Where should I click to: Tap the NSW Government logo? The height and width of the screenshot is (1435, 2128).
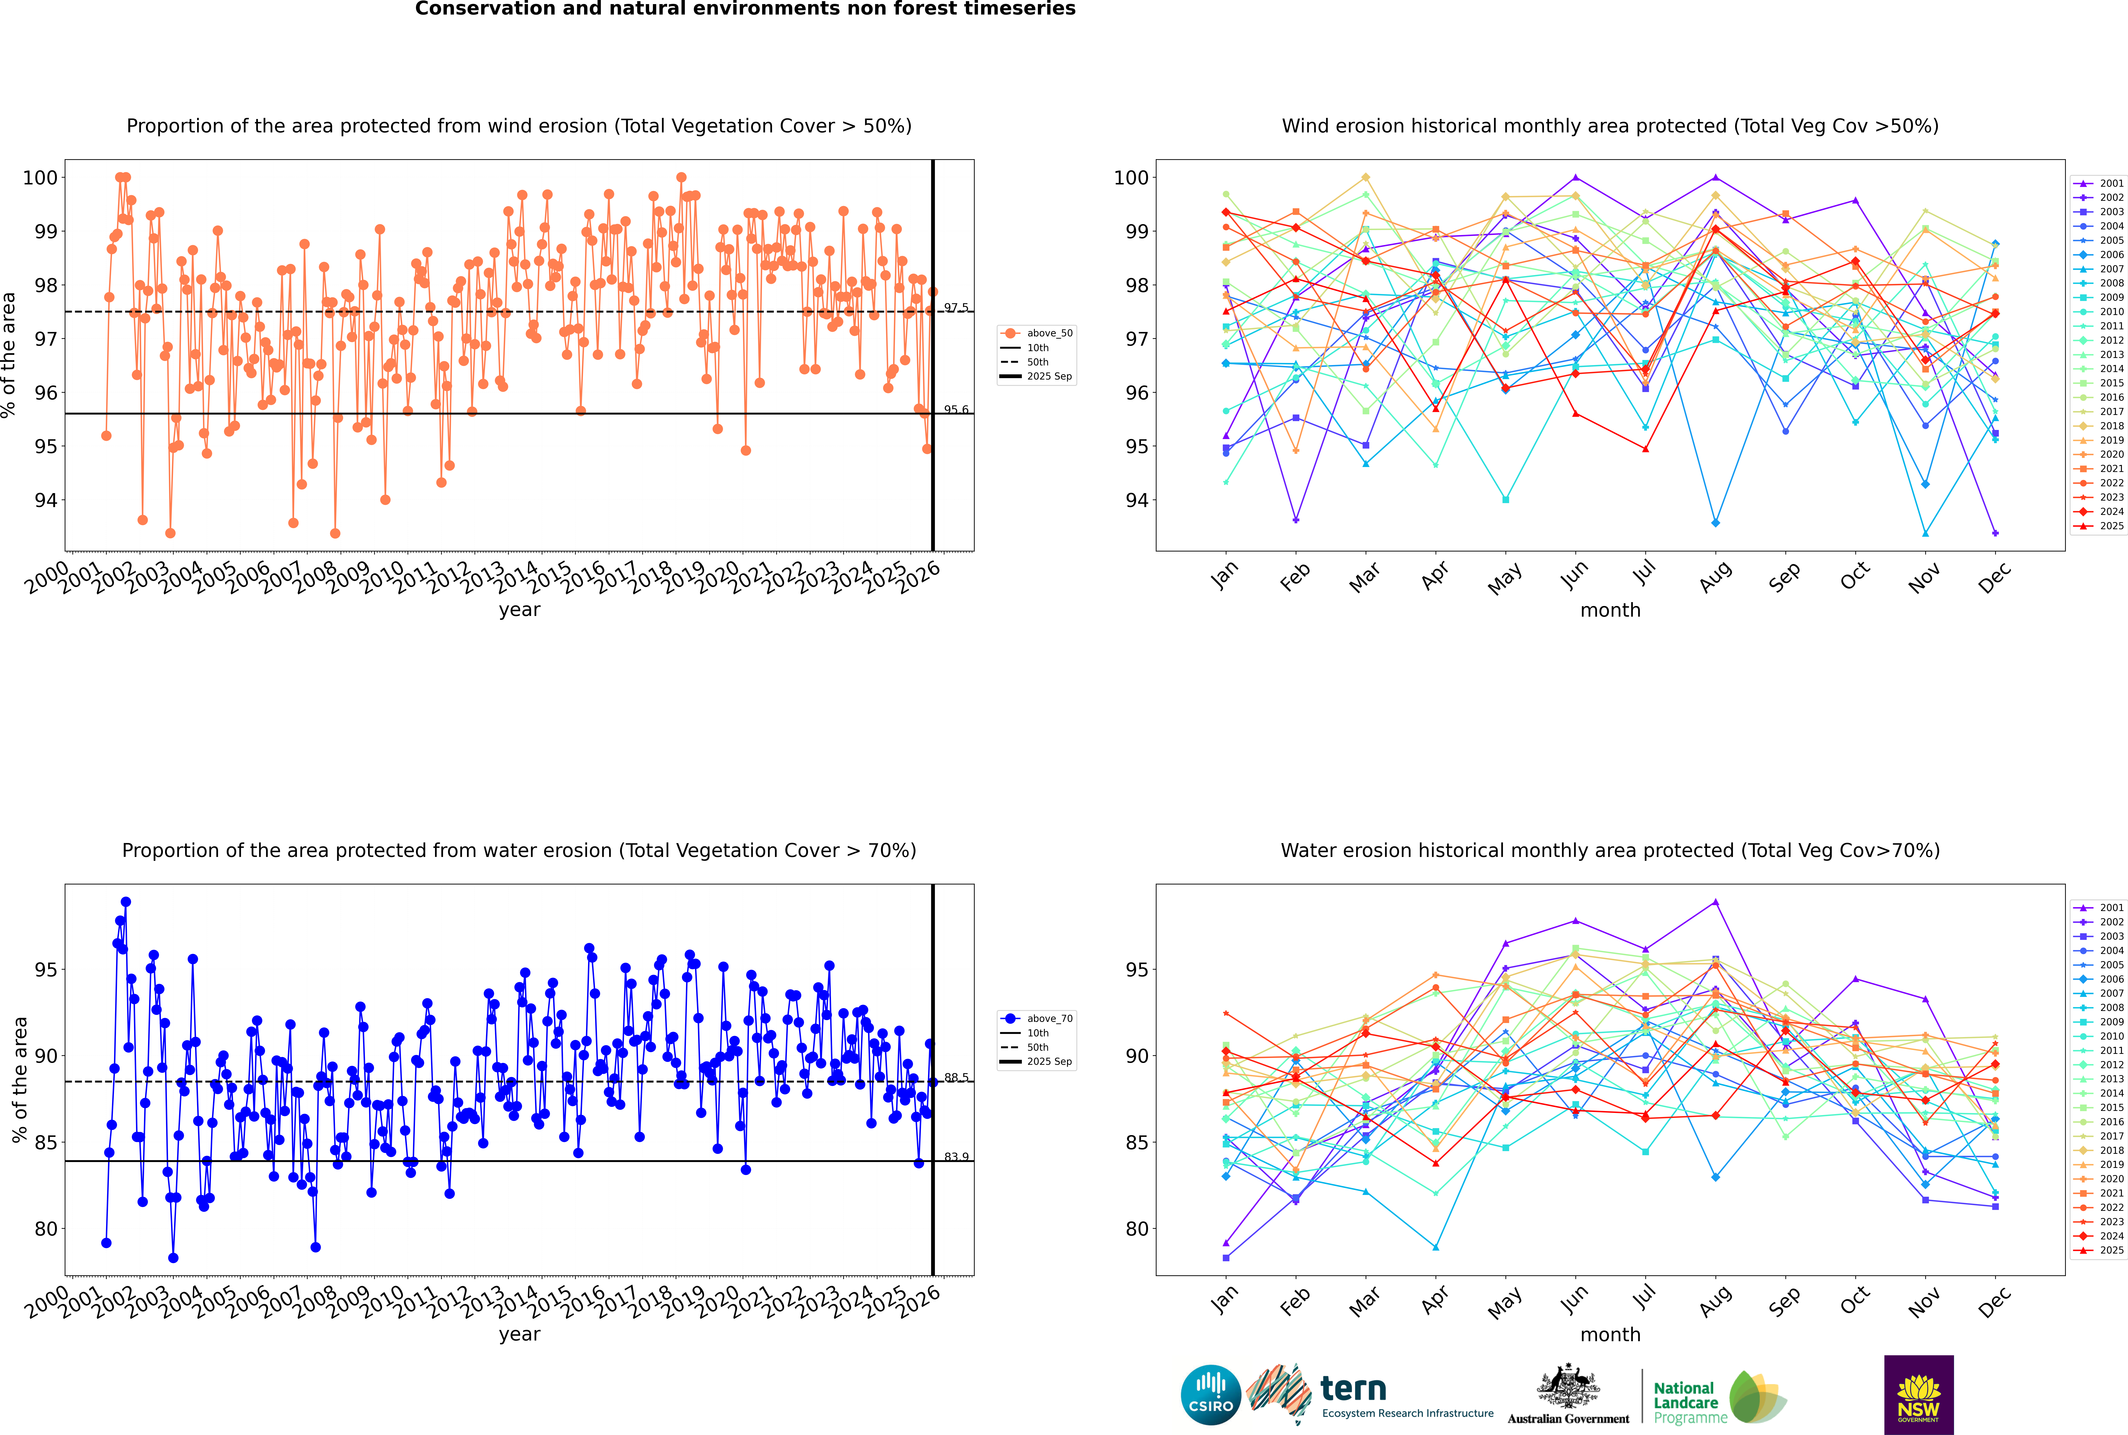(1918, 1395)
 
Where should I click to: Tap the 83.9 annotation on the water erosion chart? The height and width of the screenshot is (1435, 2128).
(956, 1157)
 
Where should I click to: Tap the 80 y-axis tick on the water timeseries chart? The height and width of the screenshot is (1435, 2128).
(46, 1229)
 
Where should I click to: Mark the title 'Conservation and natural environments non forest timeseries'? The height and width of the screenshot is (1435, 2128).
(745, 9)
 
